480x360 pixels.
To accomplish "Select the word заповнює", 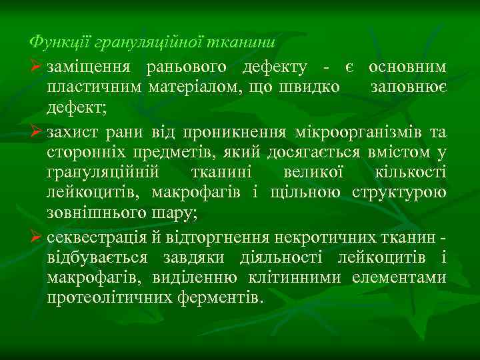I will [x=409, y=87].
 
